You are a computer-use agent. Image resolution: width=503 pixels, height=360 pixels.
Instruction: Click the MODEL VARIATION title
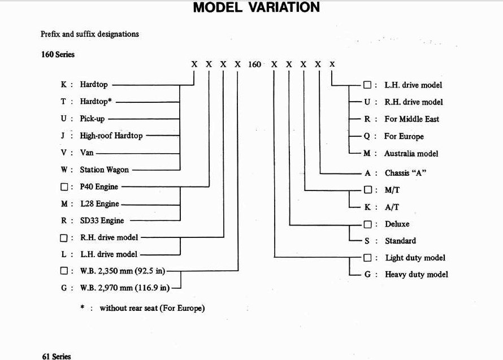(x=256, y=8)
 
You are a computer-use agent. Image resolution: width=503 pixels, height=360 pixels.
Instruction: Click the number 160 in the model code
(x=255, y=64)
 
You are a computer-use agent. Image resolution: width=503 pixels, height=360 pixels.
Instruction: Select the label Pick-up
(x=92, y=119)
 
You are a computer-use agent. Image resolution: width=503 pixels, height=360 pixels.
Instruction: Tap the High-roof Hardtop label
(x=111, y=136)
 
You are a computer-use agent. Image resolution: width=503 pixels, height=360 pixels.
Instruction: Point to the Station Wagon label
(x=104, y=170)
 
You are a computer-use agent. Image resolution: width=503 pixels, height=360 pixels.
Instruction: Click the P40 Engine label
(x=99, y=186)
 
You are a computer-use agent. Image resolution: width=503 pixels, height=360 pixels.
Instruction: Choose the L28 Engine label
(x=99, y=204)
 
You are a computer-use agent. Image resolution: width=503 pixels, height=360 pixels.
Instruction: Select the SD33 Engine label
(x=102, y=220)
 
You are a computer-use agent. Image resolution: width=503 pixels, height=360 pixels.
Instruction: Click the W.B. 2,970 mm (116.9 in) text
(x=125, y=288)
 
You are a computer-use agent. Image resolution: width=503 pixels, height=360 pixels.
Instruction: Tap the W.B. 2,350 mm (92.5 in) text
(x=123, y=271)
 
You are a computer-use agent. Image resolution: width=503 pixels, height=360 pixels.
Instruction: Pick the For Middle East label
(x=411, y=119)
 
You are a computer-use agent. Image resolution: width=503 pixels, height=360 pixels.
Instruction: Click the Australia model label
(x=411, y=154)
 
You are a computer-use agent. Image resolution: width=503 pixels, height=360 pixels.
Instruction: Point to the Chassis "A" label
(x=405, y=173)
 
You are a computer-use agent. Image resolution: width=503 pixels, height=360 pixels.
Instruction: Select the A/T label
(x=392, y=207)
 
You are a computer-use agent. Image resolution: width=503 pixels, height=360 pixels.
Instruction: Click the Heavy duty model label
(x=417, y=275)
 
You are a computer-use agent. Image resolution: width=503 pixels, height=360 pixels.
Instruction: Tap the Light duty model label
(x=415, y=258)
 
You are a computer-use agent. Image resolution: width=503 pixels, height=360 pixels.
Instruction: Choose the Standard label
(x=400, y=241)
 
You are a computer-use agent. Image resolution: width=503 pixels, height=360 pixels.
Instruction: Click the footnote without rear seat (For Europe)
(x=152, y=309)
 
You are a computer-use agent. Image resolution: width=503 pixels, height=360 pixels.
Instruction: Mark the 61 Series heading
(x=57, y=356)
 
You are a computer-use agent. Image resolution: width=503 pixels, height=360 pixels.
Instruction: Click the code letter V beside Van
(x=63, y=153)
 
